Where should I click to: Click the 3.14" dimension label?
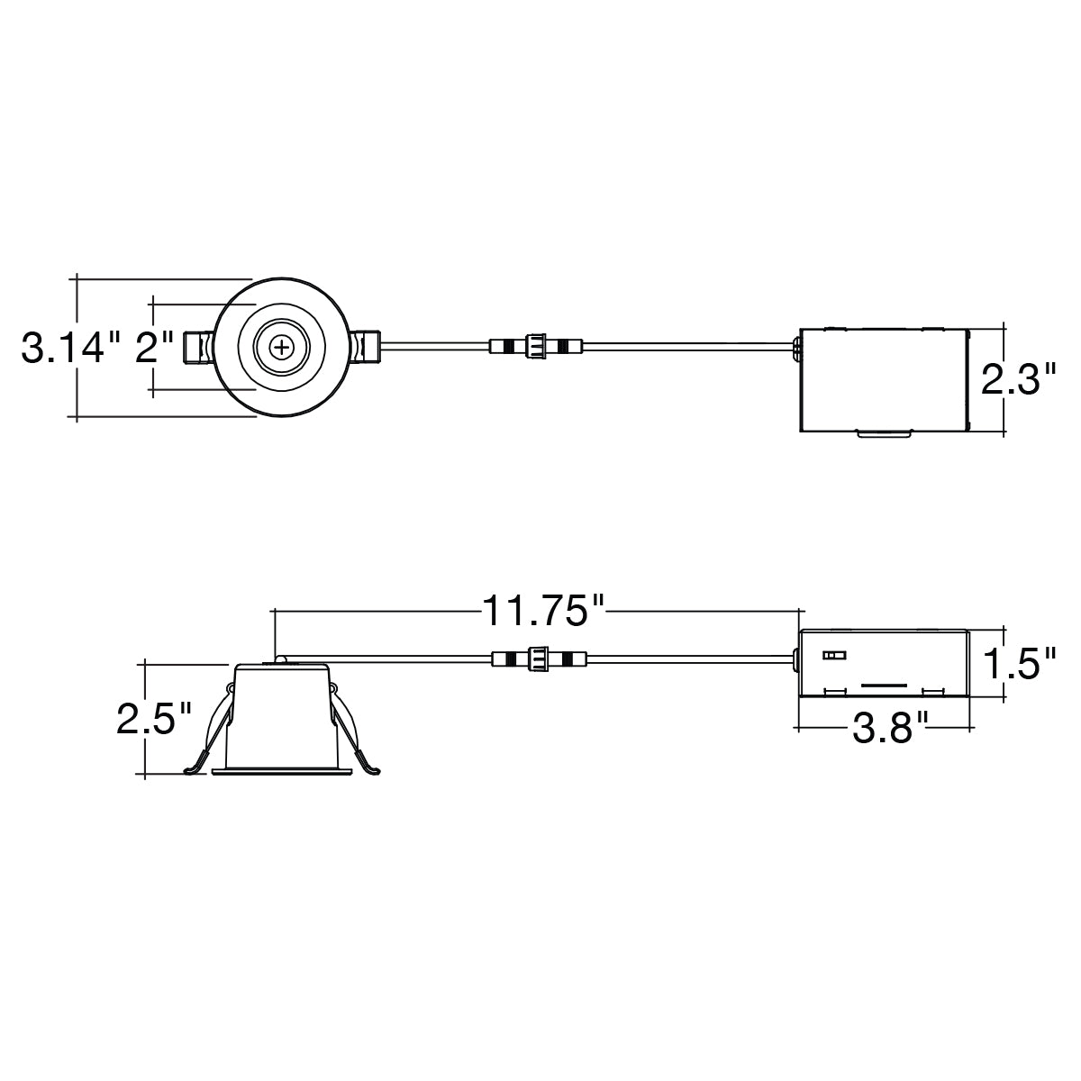(x=63, y=347)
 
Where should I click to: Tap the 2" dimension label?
(x=154, y=347)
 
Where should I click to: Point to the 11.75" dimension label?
(x=542, y=611)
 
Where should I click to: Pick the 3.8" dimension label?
(x=891, y=728)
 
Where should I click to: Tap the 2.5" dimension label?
(x=154, y=719)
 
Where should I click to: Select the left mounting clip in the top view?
(x=198, y=348)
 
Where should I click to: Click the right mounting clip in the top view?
(x=366, y=347)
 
